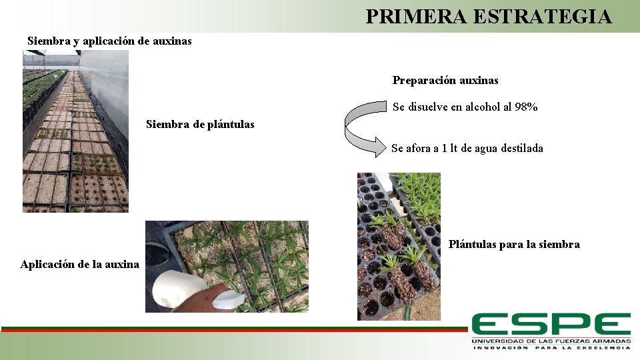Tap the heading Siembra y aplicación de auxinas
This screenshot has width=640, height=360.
click(109, 41)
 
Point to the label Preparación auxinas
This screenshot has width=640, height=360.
click(445, 81)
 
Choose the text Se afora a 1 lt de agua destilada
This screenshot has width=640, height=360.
click(467, 148)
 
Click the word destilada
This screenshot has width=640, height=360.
click(519, 148)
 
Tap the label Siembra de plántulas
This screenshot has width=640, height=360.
click(200, 125)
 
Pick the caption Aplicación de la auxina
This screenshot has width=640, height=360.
click(80, 264)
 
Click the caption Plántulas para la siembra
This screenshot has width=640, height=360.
click(514, 245)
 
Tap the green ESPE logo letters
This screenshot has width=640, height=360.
click(551, 325)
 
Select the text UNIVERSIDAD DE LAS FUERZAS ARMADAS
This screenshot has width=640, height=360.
click(551, 341)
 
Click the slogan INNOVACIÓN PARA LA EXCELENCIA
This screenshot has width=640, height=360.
click(551, 348)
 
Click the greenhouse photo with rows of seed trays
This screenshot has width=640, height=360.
click(75, 131)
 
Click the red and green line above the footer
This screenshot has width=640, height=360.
click(233, 329)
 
